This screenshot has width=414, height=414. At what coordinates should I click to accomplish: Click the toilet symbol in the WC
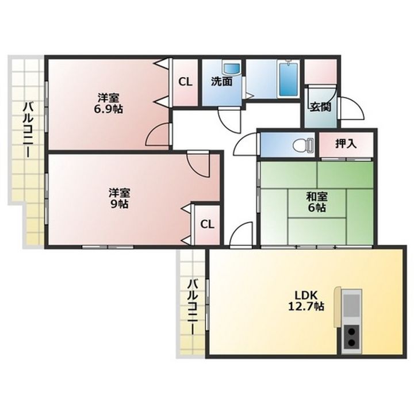(304, 144)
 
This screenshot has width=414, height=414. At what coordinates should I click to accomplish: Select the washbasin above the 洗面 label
(232, 68)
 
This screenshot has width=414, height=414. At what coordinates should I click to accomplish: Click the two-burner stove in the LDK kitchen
(351, 339)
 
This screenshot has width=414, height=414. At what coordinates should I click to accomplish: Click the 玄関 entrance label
(320, 107)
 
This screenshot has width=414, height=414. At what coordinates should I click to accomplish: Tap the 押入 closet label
(346, 144)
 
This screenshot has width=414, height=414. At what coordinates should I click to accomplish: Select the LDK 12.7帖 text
(306, 301)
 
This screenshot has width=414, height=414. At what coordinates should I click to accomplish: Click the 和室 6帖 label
(317, 202)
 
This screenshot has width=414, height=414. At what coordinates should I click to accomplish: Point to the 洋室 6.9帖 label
(109, 103)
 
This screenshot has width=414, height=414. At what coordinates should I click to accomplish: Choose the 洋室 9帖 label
(120, 198)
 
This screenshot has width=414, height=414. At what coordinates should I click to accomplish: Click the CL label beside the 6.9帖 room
(185, 82)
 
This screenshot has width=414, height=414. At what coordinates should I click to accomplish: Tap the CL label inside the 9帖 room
(207, 224)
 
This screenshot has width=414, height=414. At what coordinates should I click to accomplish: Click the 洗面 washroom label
(222, 82)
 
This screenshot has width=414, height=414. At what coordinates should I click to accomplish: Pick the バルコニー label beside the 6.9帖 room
(29, 130)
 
